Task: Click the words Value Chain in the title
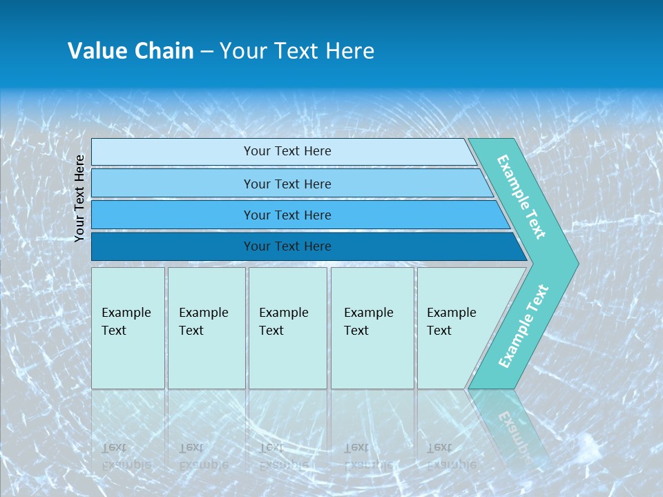pos(131,51)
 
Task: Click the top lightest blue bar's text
pos(287,151)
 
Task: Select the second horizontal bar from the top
pos(287,184)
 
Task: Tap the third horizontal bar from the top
pos(287,215)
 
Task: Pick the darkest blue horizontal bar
pos(287,246)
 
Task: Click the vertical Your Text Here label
pos(79,198)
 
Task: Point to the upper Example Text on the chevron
pos(521,197)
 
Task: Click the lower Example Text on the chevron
pos(523,327)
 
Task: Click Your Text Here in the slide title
pos(297,51)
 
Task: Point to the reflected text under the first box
pos(126,456)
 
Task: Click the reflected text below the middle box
pos(284,456)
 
